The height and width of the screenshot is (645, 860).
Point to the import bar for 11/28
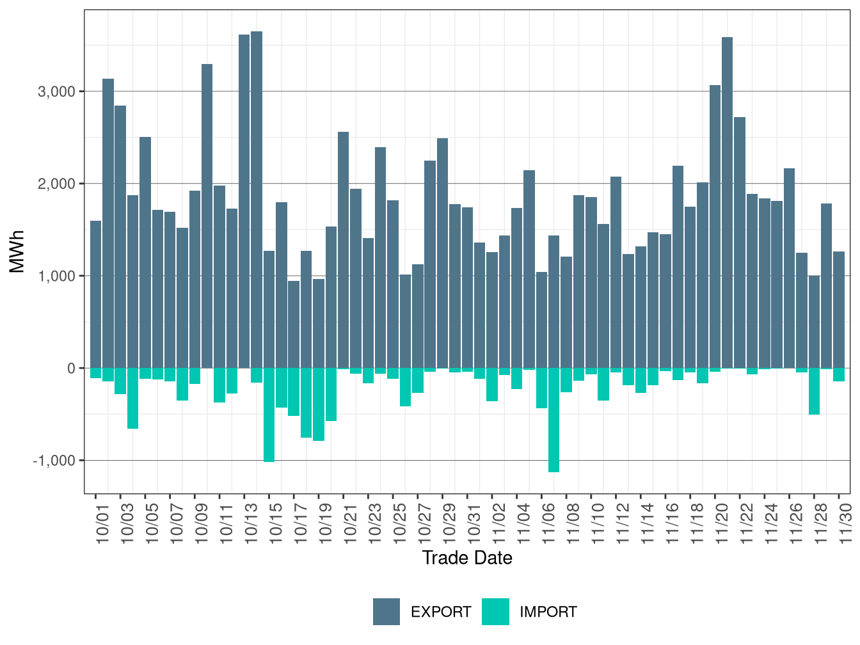click(814, 391)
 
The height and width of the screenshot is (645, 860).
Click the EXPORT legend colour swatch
click(386, 612)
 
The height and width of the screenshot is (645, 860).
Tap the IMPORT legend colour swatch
click(495, 612)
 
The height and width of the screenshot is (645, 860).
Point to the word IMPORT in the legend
click(548, 612)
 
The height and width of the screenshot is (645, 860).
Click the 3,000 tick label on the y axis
click(57, 92)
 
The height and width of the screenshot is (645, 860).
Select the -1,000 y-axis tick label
click(54, 461)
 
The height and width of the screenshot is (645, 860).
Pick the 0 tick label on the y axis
click(71, 369)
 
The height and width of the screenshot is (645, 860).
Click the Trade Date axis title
click(467, 558)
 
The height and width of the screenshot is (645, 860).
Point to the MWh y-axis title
click(17, 251)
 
